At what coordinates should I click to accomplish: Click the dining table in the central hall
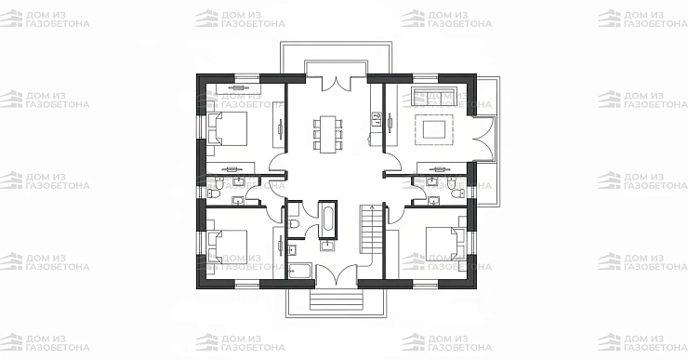coord(327,134)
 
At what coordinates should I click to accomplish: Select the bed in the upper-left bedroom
coord(227,128)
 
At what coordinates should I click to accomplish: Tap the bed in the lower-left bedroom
coord(227,247)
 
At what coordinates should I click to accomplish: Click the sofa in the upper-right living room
coord(433,97)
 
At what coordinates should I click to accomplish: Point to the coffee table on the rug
coord(434,129)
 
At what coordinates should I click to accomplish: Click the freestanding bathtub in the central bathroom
coord(327,220)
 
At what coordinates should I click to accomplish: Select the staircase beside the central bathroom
coord(372,229)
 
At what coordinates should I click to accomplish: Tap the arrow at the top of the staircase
coord(372,207)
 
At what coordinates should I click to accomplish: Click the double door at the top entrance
coord(337,84)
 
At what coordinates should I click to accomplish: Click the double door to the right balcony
coord(484,140)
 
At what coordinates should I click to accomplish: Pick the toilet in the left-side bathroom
coord(214,193)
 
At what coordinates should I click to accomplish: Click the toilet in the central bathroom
coord(295,224)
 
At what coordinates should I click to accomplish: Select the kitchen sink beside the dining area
coord(377,117)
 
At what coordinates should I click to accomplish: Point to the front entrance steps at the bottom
coord(337,300)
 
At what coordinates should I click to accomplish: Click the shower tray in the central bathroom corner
coord(300,271)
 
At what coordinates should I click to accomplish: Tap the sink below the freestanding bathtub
coord(327,246)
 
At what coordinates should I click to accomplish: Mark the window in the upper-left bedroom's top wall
coord(247,78)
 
